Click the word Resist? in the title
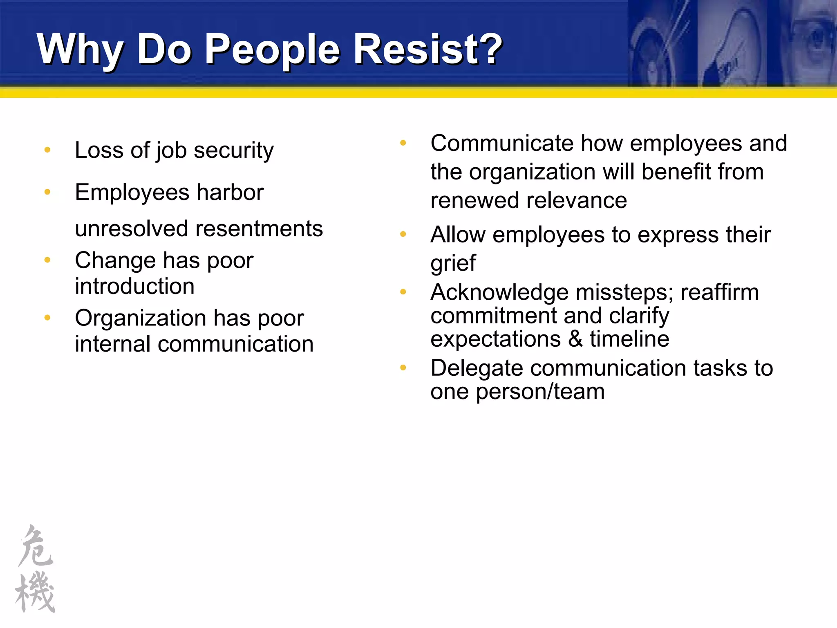(x=427, y=49)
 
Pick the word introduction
(x=134, y=286)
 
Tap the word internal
(x=113, y=344)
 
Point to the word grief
(x=453, y=263)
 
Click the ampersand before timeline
(x=575, y=339)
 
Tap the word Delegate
(x=477, y=368)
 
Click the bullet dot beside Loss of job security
(x=47, y=150)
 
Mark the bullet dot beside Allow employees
(x=403, y=234)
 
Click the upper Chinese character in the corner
(x=36, y=546)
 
